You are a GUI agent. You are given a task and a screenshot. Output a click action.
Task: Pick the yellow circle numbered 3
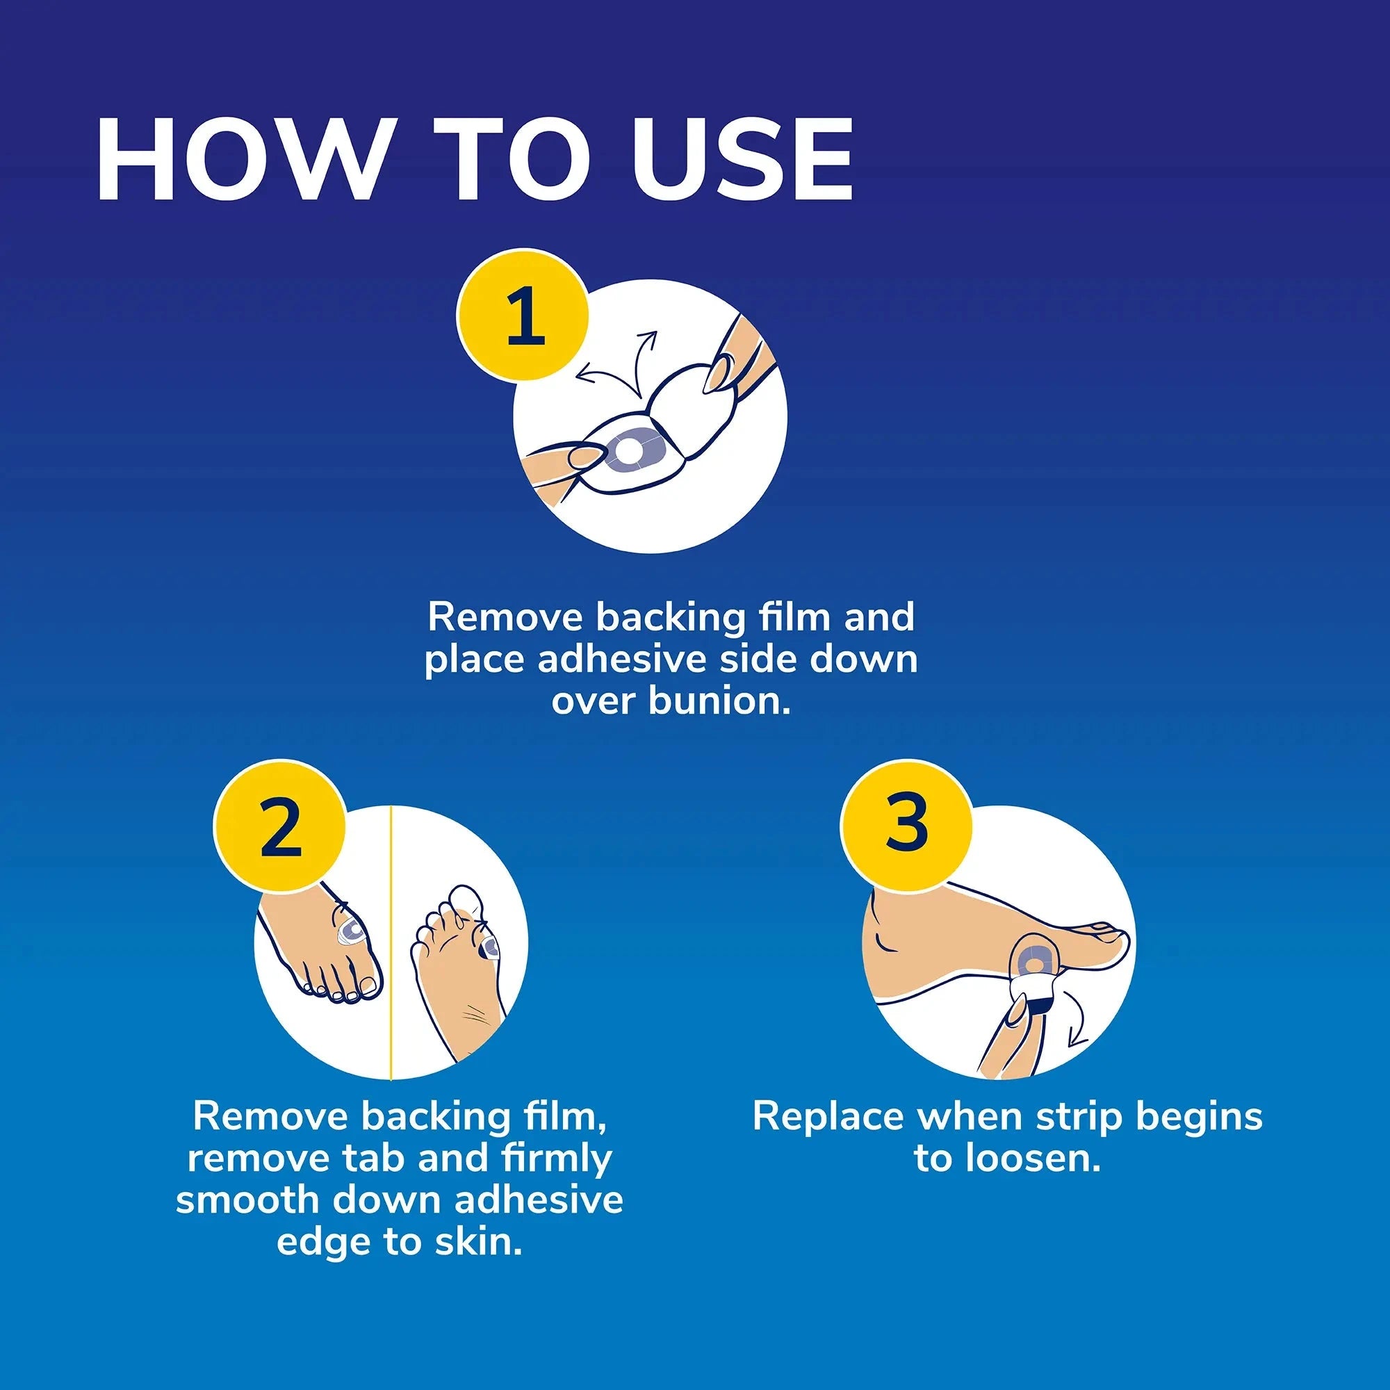[x=906, y=822]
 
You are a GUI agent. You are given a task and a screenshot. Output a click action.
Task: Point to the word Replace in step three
[x=827, y=1118]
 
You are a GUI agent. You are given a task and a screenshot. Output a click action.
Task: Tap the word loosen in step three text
[x=1041, y=1158]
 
